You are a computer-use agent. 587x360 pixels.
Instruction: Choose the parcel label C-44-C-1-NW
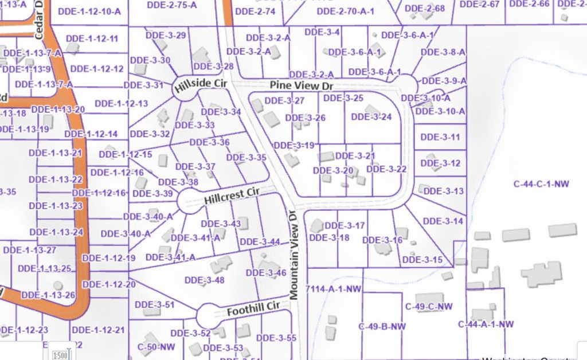click(x=541, y=184)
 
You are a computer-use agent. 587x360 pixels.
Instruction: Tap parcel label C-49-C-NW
click(x=429, y=307)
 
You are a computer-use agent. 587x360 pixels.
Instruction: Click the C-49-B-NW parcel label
click(x=382, y=327)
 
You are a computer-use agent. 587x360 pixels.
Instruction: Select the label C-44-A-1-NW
click(x=486, y=324)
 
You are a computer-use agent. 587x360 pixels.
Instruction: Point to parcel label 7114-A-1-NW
click(x=334, y=289)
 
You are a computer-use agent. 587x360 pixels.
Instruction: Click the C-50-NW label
click(x=156, y=347)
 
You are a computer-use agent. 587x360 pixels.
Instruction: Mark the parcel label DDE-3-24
click(x=371, y=117)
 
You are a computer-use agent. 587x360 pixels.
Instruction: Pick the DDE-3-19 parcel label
click(x=294, y=146)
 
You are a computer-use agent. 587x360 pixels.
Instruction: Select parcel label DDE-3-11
click(x=440, y=138)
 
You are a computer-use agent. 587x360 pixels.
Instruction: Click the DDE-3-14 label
click(x=443, y=221)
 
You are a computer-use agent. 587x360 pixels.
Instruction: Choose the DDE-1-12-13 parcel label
click(x=121, y=104)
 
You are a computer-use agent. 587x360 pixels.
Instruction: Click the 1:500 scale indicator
click(x=60, y=355)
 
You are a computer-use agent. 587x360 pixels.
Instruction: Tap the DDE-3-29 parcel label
click(x=166, y=36)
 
